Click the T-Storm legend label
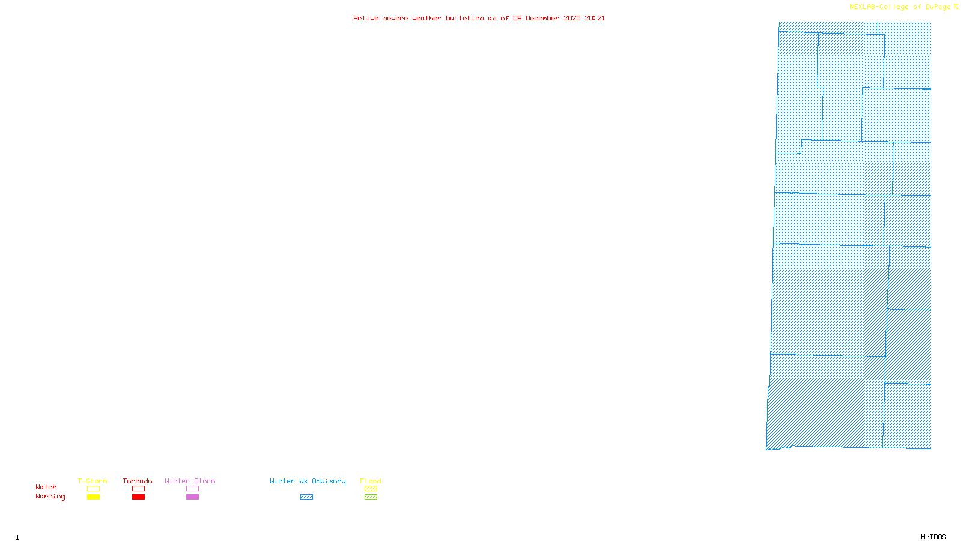[92, 481]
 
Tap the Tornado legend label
[138, 481]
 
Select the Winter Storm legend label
[190, 481]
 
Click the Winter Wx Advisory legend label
[308, 481]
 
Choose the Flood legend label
[371, 481]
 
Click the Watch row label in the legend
[46, 488]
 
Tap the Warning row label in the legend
[50, 497]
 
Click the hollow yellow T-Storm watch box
[93, 489]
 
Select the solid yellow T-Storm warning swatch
[93, 497]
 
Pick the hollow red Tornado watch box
[138, 489]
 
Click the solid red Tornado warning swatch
[138, 497]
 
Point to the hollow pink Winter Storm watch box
[192, 489]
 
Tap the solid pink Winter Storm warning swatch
[192, 497]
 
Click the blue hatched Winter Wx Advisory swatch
[306, 497]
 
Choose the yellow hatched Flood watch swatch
[371, 489]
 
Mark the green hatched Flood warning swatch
[371, 497]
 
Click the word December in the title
[542, 19]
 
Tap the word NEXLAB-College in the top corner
[879, 7]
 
